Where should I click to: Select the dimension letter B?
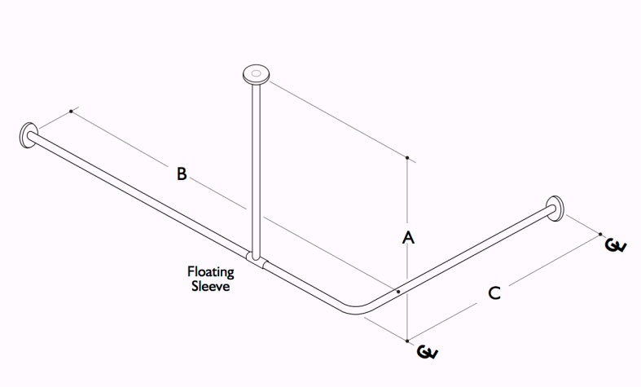182,173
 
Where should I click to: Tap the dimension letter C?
494,293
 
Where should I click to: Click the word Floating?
211,271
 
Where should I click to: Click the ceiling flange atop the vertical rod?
257,76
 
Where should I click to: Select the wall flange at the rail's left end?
29,136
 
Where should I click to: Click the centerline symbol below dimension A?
427,352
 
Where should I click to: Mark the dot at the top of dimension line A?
407,157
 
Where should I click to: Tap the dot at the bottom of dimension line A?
407,340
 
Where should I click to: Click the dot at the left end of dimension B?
72,111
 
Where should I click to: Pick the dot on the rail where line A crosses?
397,291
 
